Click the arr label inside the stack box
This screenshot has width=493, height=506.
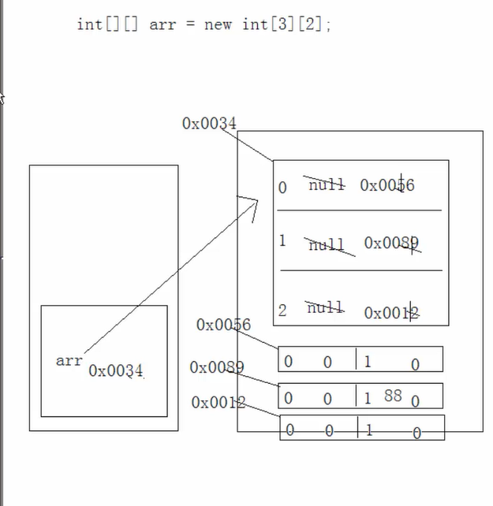point(69,360)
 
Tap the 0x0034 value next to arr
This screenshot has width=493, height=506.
point(116,370)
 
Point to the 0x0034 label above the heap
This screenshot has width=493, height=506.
point(209,123)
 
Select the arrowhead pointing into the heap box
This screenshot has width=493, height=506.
point(253,203)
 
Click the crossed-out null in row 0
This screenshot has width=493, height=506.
point(327,184)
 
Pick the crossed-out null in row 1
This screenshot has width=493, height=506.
point(327,244)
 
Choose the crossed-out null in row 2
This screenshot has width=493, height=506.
point(325,307)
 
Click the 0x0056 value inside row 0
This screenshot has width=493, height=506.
point(387,185)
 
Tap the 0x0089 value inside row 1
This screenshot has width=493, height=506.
point(391,244)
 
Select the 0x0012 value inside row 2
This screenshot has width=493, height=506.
point(391,313)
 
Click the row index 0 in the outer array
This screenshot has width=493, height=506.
point(282,188)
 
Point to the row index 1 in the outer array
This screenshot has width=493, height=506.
point(282,240)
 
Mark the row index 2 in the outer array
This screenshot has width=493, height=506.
point(282,311)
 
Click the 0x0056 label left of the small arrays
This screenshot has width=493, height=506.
point(223,325)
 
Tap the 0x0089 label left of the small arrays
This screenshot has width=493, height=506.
point(217,367)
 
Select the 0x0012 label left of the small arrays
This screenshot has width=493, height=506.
point(218,403)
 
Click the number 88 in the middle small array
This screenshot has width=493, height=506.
point(393,395)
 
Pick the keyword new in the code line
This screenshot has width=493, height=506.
point(218,24)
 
